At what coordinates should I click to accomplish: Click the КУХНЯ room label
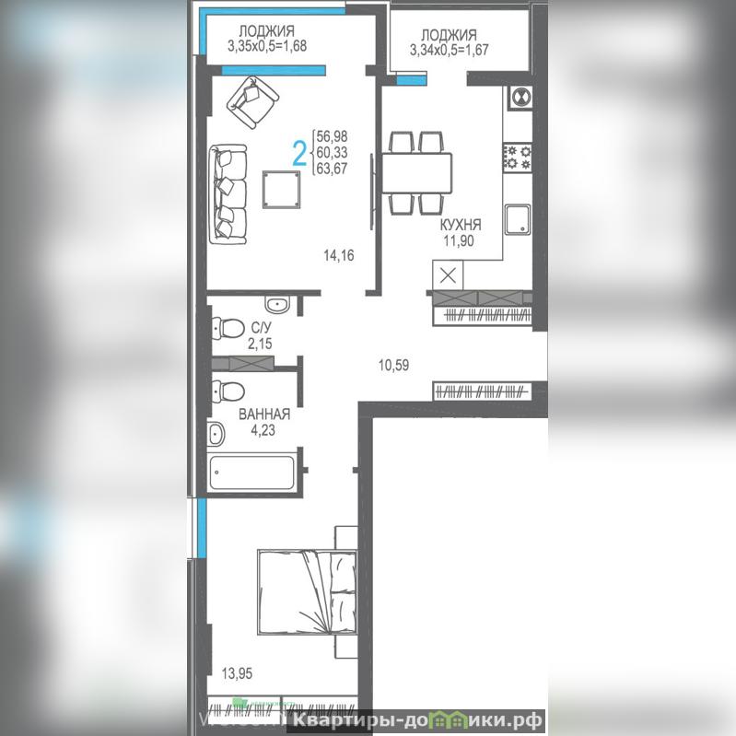461,225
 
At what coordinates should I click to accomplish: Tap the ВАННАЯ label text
264,414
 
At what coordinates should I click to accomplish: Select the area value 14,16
339,255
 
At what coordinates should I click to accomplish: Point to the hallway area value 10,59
394,365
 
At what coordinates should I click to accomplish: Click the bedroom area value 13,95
237,673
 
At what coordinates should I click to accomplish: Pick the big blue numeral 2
299,154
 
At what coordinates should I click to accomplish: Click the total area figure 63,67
333,168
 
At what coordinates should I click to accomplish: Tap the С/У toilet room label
262,327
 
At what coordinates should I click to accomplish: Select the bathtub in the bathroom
252,472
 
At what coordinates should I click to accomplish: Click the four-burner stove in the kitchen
518,158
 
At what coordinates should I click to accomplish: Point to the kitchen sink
518,219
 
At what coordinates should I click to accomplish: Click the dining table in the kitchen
416,173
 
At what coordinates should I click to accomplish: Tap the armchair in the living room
252,102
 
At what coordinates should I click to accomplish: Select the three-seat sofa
228,194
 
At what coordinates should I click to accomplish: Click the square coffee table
282,189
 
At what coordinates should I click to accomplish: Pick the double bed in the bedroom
307,592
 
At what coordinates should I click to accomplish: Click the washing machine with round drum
520,98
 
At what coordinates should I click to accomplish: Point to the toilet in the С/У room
228,327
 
